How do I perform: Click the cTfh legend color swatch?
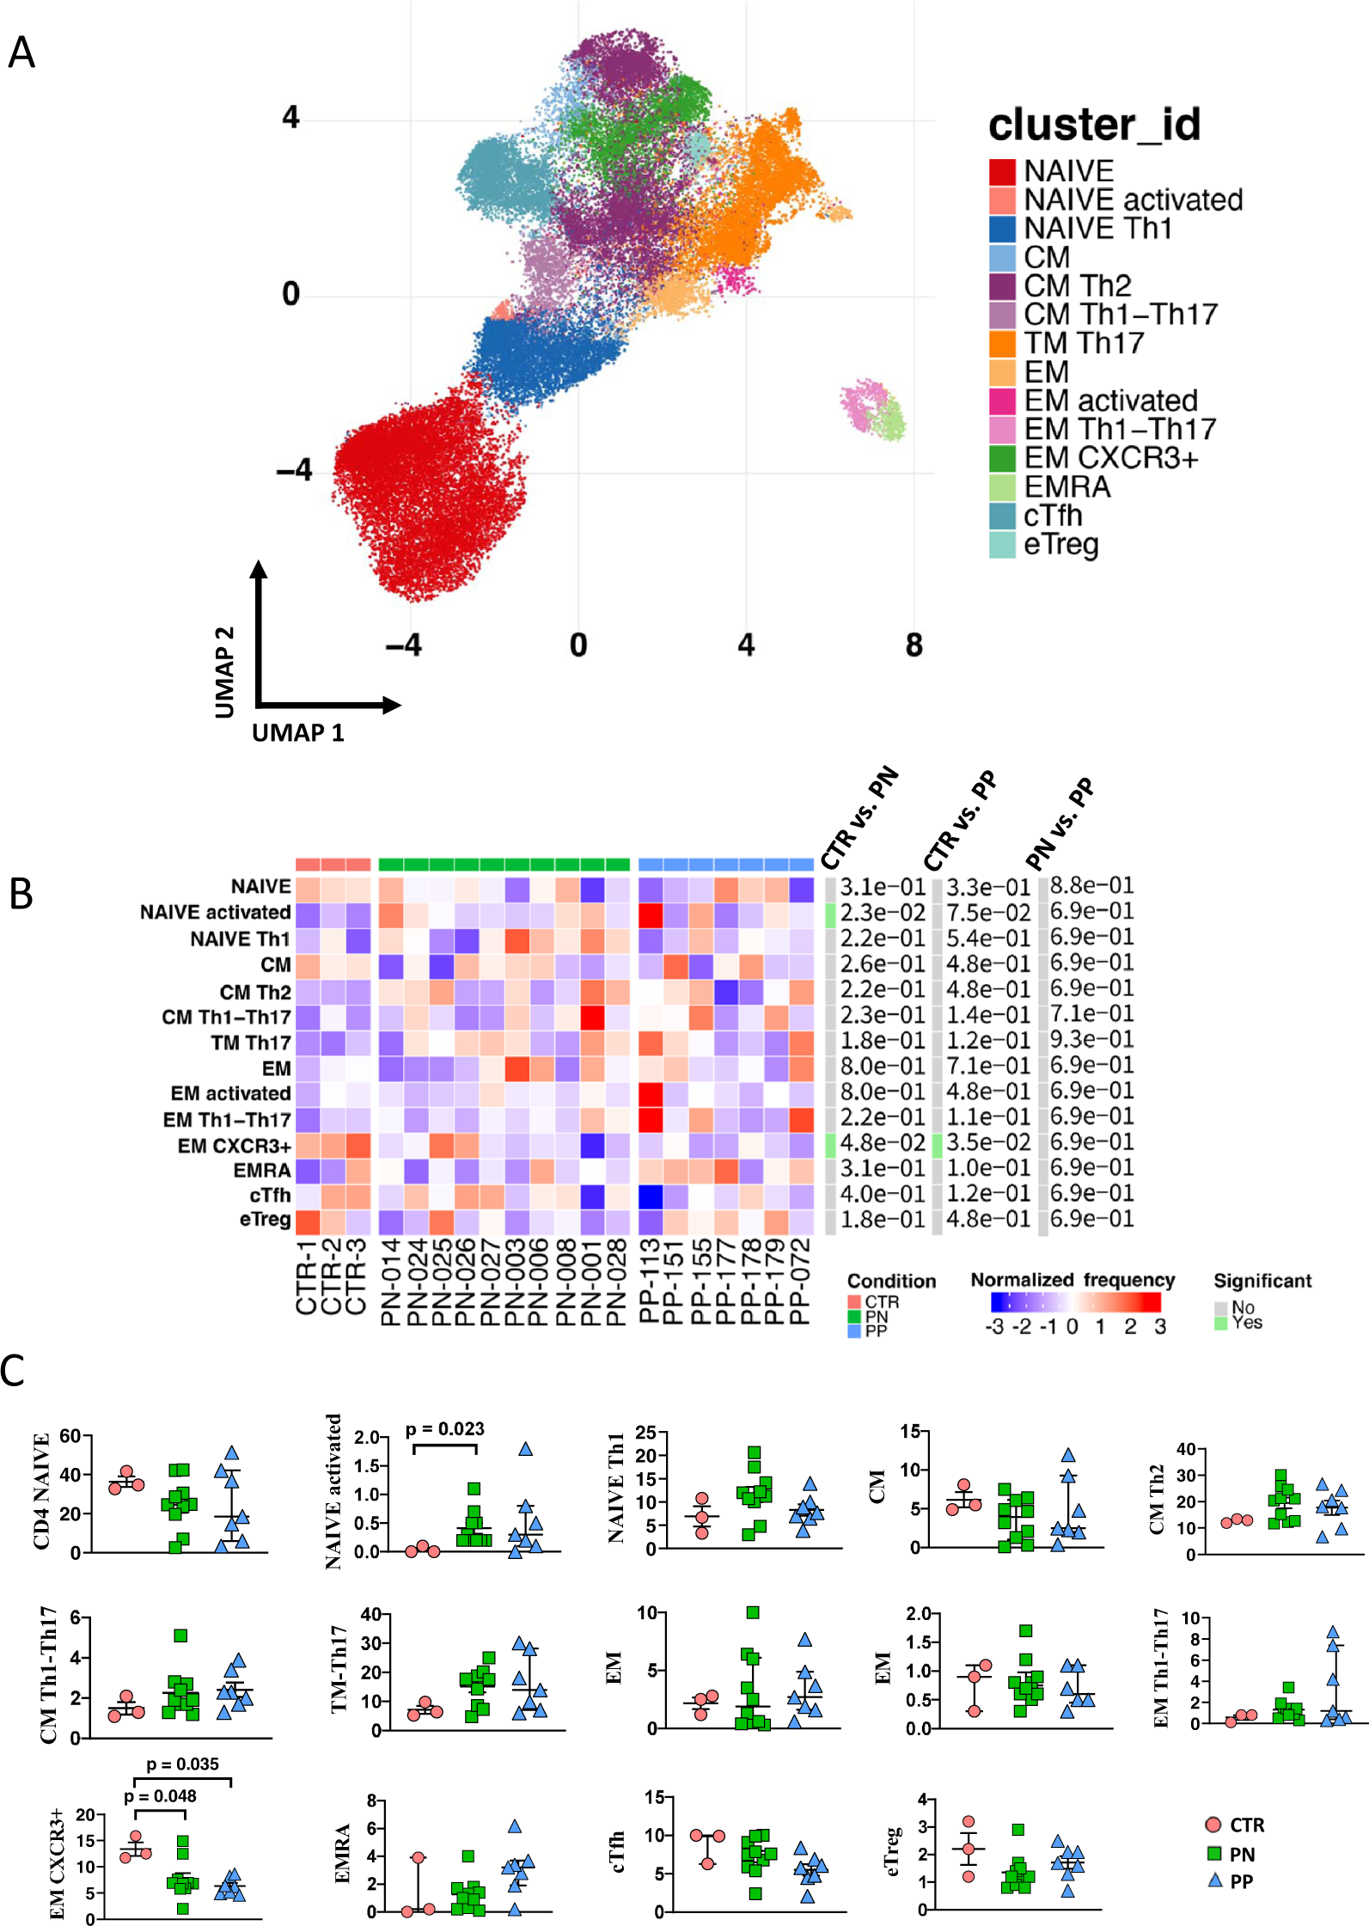pyautogui.click(x=1002, y=516)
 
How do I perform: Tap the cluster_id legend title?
pyautogui.click(x=1094, y=125)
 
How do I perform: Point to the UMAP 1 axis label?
pyautogui.click(x=297, y=733)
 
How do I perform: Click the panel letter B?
pyautogui.click(x=21, y=894)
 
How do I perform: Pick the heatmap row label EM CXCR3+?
pyautogui.click(x=234, y=1146)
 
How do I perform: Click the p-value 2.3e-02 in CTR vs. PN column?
pyautogui.click(x=882, y=912)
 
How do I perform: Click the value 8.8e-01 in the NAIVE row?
pyautogui.click(x=1091, y=885)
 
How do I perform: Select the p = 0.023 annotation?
pyautogui.click(x=444, y=1429)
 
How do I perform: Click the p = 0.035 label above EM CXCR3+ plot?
pyautogui.click(x=182, y=1764)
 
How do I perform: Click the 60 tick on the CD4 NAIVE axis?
pyautogui.click(x=70, y=1436)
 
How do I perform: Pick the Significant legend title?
pyautogui.click(x=1262, y=1281)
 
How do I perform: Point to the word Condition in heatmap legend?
pyautogui.click(x=891, y=1281)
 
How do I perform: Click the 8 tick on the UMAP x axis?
pyautogui.click(x=914, y=645)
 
